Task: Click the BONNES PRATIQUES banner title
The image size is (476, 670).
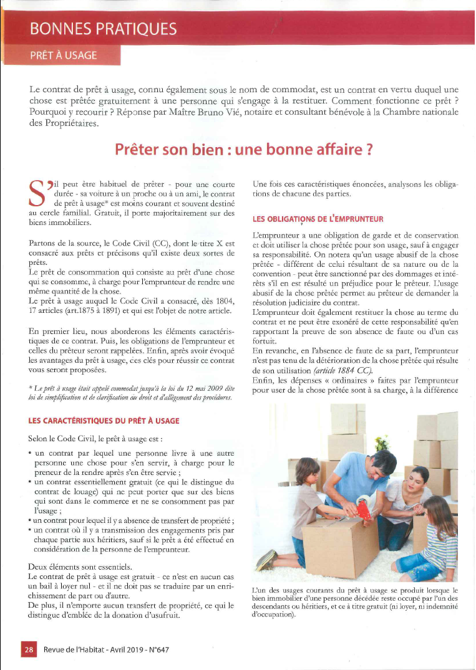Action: (103, 29)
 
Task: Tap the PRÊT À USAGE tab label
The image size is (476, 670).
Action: (64, 55)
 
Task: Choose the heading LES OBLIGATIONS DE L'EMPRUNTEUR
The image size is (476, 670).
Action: (318, 219)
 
